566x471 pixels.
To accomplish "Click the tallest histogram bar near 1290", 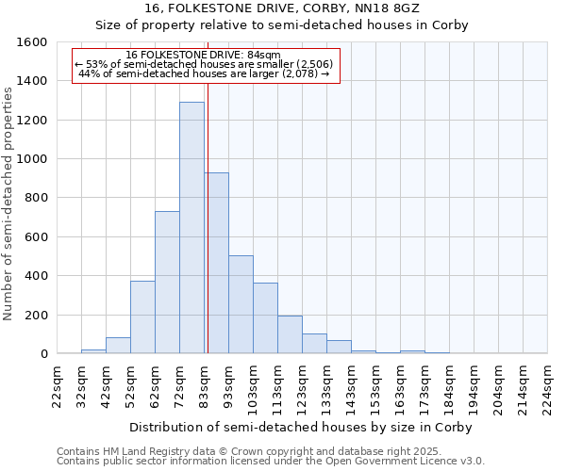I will point(191,228).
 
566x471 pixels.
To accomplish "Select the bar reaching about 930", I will point(216,263).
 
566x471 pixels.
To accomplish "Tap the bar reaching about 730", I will point(167,283).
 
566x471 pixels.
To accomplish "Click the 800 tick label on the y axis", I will point(36,198).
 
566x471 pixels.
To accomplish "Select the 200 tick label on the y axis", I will point(36,315).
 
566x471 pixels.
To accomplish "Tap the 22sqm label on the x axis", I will point(58,384).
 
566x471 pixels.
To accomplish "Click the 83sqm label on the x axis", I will point(205,384).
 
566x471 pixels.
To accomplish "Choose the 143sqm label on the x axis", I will point(352,384).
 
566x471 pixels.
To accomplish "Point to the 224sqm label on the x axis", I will point(548,384).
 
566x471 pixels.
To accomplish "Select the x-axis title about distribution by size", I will point(300,427).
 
